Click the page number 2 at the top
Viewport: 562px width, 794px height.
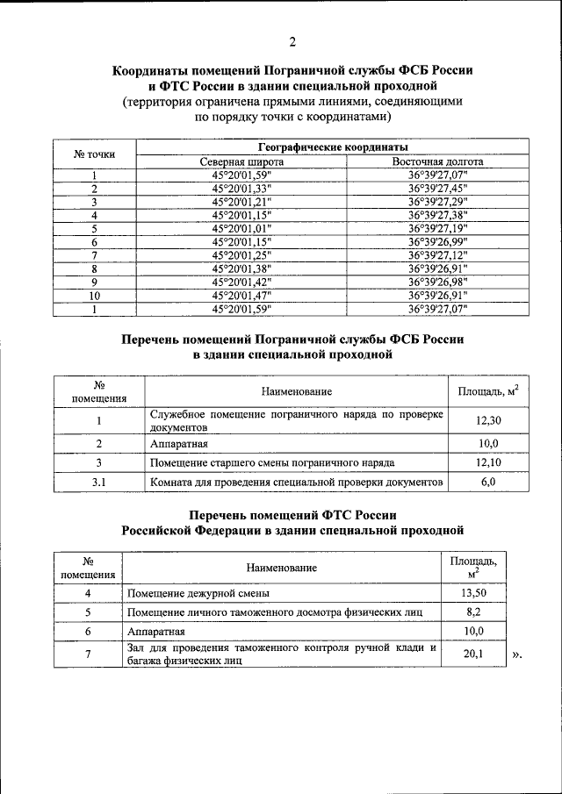point(292,41)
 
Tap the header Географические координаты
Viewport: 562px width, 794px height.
point(333,147)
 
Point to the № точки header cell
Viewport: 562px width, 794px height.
point(94,154)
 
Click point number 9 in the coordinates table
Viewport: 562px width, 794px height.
point(94,283)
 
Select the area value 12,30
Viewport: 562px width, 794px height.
point(488,421)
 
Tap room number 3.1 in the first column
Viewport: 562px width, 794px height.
point(99,483)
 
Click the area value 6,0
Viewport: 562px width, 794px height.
point(488,483)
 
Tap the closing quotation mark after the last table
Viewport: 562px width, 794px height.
point(516,655)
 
